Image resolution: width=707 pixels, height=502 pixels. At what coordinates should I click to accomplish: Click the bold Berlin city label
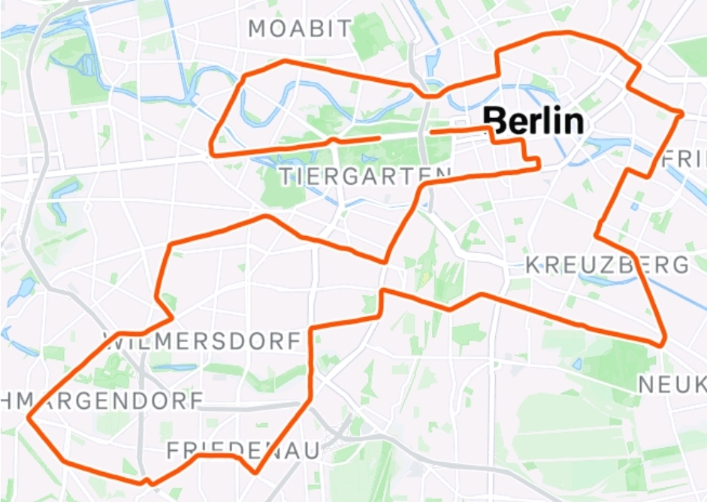533,121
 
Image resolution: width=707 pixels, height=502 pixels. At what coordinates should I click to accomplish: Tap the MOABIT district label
300,29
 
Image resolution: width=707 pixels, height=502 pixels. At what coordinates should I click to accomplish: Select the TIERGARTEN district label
365,177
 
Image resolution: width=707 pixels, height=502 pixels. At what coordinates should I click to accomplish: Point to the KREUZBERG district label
606,265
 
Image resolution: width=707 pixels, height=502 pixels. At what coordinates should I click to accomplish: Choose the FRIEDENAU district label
243,451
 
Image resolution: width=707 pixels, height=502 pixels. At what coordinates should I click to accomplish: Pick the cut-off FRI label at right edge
686,160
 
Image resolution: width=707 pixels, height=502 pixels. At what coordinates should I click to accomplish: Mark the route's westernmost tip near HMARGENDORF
29,416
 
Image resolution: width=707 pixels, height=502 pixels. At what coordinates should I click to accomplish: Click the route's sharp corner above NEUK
663,343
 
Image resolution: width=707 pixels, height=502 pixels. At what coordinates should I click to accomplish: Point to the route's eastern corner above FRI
680,114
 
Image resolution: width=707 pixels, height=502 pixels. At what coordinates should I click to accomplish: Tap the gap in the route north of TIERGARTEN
405,135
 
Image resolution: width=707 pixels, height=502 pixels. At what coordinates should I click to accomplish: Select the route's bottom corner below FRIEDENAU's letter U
256,472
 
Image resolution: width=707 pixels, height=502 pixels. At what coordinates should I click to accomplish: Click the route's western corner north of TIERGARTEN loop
213,153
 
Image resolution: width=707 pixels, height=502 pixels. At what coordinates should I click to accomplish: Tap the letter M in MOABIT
259,29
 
